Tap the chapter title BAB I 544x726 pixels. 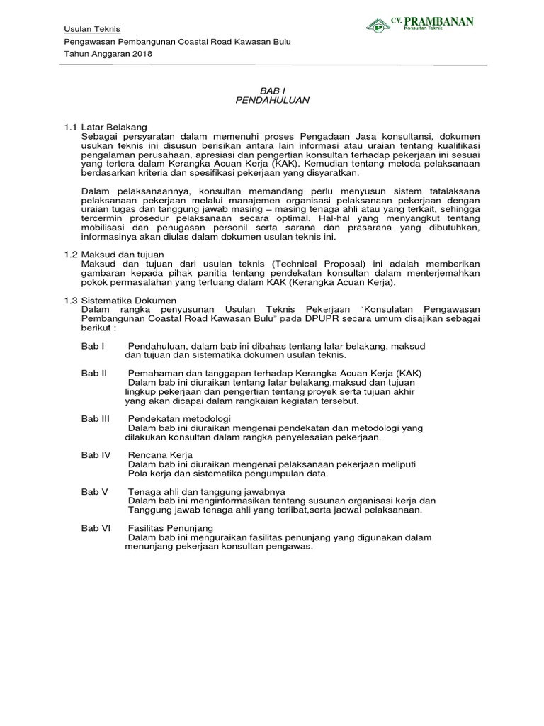271,90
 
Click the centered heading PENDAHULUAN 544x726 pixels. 271,101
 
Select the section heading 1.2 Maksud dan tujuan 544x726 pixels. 114,254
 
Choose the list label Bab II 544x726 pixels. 93,374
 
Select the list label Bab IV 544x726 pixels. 96,454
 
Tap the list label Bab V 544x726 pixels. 93,491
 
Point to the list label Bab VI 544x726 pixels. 95,528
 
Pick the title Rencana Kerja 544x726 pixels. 160,454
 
